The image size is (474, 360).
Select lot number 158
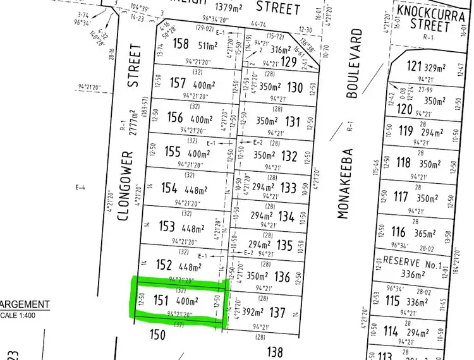tap(181, 45)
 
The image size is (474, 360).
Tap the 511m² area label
tap(209, 45)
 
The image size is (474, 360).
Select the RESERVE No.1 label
tap(411, 261)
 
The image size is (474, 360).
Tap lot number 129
tap(288, 61)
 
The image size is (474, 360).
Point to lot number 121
tap(414, 67)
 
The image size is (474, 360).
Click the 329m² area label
tap(438, 67)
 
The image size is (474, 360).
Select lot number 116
tap(398, 232)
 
